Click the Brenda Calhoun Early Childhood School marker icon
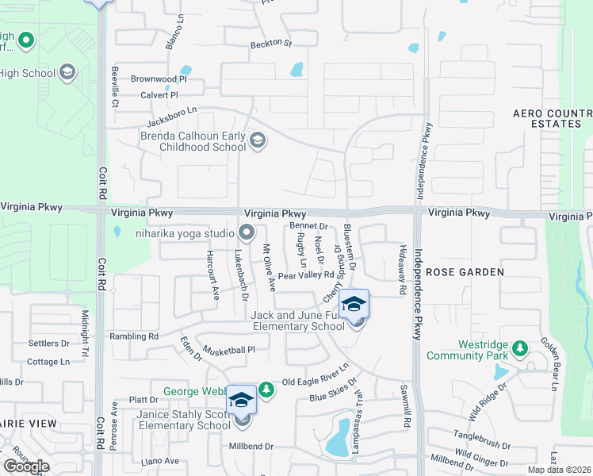[257, 141]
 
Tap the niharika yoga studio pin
[247, 233]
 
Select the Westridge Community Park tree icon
[519, 347]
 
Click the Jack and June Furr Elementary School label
[297, 321]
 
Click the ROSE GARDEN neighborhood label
[465, 272]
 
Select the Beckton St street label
[271, 44]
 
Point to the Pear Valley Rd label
[304, 275]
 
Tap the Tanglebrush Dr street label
[481, 436]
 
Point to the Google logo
[26, 466]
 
